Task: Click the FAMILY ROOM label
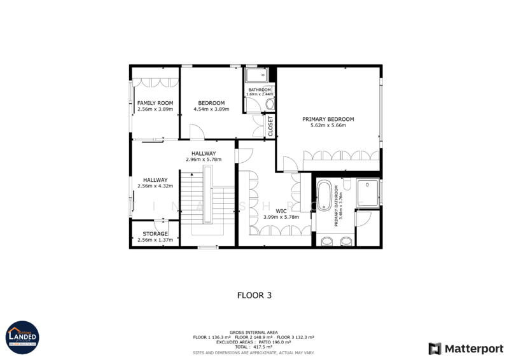[x=155, y=103]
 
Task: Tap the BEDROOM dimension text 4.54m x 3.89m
[x=211, y=109]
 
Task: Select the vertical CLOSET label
[x=270, y=126]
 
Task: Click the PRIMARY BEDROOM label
[x=328, y=119]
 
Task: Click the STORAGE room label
[x=155, y=234]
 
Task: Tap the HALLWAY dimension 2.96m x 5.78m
[x=204, y=160]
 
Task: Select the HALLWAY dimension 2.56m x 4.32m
[x=155, y=186]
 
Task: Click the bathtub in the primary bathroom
[x=325, y=197]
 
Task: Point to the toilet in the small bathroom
[x=270, y=104]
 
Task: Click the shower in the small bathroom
[x=257, y=76]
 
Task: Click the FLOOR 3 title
[x=254, y=295]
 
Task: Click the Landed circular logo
[x=22, y=337]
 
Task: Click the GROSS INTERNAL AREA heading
[x=254, y=332]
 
